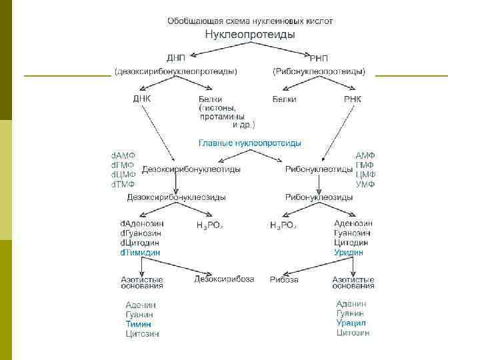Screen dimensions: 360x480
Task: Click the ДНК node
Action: [x=141, y=99]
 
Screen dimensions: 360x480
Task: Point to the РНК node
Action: [x=353, y=99]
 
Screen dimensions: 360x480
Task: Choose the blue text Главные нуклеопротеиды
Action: [x=249, y=143]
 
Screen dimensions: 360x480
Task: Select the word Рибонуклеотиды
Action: [x=319, y=169]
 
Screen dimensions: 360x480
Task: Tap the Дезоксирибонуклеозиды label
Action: [x=177, y=197]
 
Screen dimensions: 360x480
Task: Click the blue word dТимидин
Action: [x=140, y=253]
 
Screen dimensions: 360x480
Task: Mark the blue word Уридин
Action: [x=349, y=253]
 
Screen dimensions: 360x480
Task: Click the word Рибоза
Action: [x=284, y=279]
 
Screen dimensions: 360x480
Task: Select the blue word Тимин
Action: [x=139, y=324]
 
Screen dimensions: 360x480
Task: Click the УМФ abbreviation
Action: [x=365, y=183]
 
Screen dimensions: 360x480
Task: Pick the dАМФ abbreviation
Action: [x=123, y=155]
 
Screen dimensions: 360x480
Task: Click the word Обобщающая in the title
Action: [x=190, y=21]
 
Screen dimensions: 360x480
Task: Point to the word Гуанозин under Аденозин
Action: [x=353, y=233]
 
